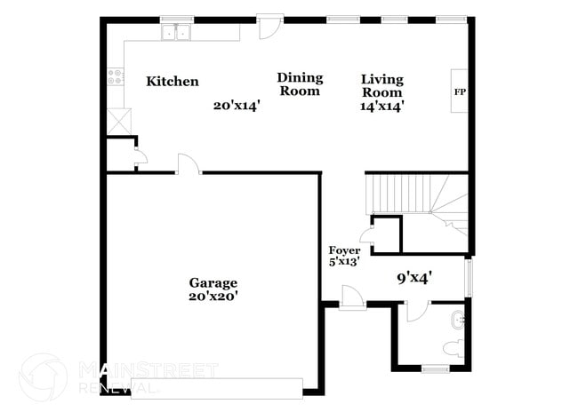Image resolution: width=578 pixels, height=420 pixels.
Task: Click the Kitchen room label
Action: point(173,81)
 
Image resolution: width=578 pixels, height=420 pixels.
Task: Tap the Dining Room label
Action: point(300,84)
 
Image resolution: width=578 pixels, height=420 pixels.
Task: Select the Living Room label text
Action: point(381,85)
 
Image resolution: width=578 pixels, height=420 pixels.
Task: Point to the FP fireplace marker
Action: point(460,91)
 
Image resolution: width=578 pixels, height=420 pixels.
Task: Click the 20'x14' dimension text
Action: point(237,105)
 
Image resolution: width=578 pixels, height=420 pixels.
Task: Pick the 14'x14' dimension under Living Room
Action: point(382,106)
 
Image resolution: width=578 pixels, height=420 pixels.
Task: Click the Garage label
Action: point(213,283)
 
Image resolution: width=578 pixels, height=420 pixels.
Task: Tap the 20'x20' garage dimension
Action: point(213,297)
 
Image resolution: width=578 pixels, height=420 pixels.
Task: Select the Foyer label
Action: point(345,250)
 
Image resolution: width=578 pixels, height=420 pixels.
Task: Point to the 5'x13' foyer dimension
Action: point(344,263)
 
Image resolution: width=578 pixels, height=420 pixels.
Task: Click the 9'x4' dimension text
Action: point(414,277)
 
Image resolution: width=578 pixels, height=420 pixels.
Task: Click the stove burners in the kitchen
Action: point(115,76)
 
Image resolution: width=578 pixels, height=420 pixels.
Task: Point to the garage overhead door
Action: point(217,388)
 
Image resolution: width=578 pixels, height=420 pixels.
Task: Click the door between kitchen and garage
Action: point(188,164)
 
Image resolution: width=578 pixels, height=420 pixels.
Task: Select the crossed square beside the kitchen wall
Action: point(119,120)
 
